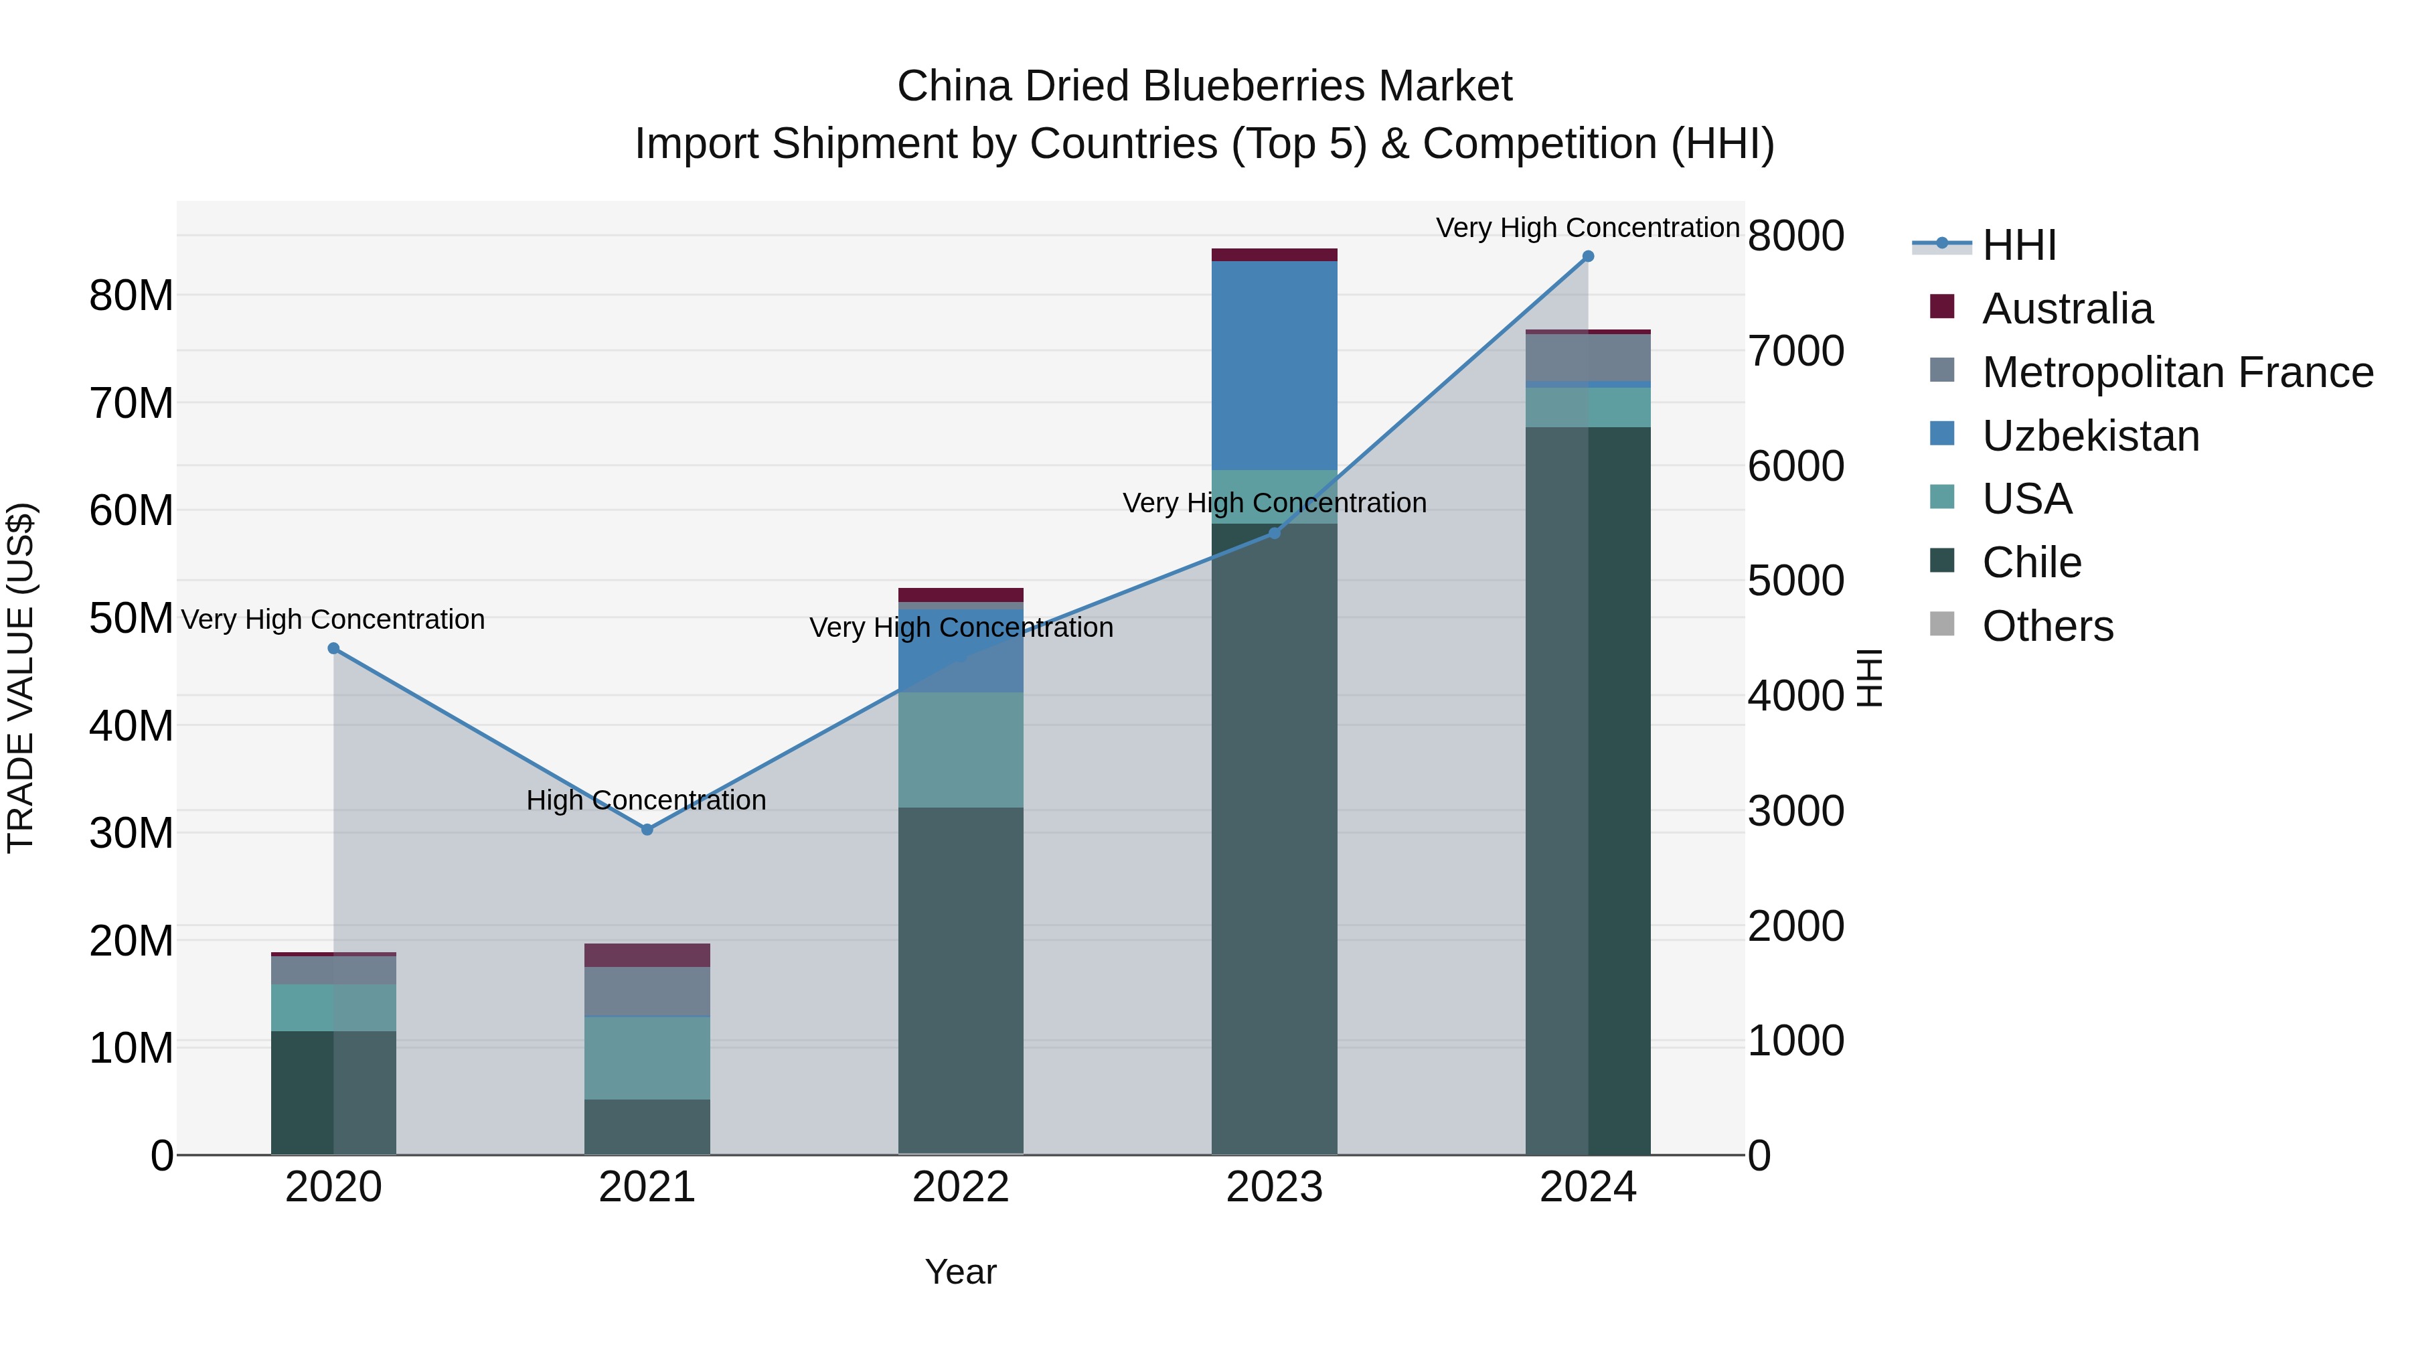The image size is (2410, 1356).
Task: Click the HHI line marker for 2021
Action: (x=647, y=829)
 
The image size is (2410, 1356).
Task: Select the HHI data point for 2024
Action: (x=1588, y=256)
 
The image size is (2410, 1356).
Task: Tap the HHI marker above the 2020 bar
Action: (x=333, y=648)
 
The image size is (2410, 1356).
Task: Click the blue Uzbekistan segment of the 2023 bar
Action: (x=1274, y=365)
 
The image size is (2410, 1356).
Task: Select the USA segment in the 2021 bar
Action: (x=647, y=1057)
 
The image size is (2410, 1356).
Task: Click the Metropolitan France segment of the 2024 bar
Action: (x=1588, y=358)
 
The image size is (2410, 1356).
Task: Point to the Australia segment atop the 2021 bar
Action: (x=647, y=954)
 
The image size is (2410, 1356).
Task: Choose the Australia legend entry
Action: (x=2067, y=309)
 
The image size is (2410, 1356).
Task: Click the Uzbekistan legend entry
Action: (x=2090, y=436)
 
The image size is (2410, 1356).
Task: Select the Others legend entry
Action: (x=2047, y=626)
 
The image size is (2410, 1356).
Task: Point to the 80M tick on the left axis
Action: (x=131, y=296)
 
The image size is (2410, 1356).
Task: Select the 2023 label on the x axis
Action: (x=1274, y=1187)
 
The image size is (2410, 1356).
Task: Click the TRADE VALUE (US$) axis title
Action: (x=21, y=678)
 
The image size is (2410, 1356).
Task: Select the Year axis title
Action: (x=961, y=1272)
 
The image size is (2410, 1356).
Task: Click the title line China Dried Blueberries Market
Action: (x=1204, y=86)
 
